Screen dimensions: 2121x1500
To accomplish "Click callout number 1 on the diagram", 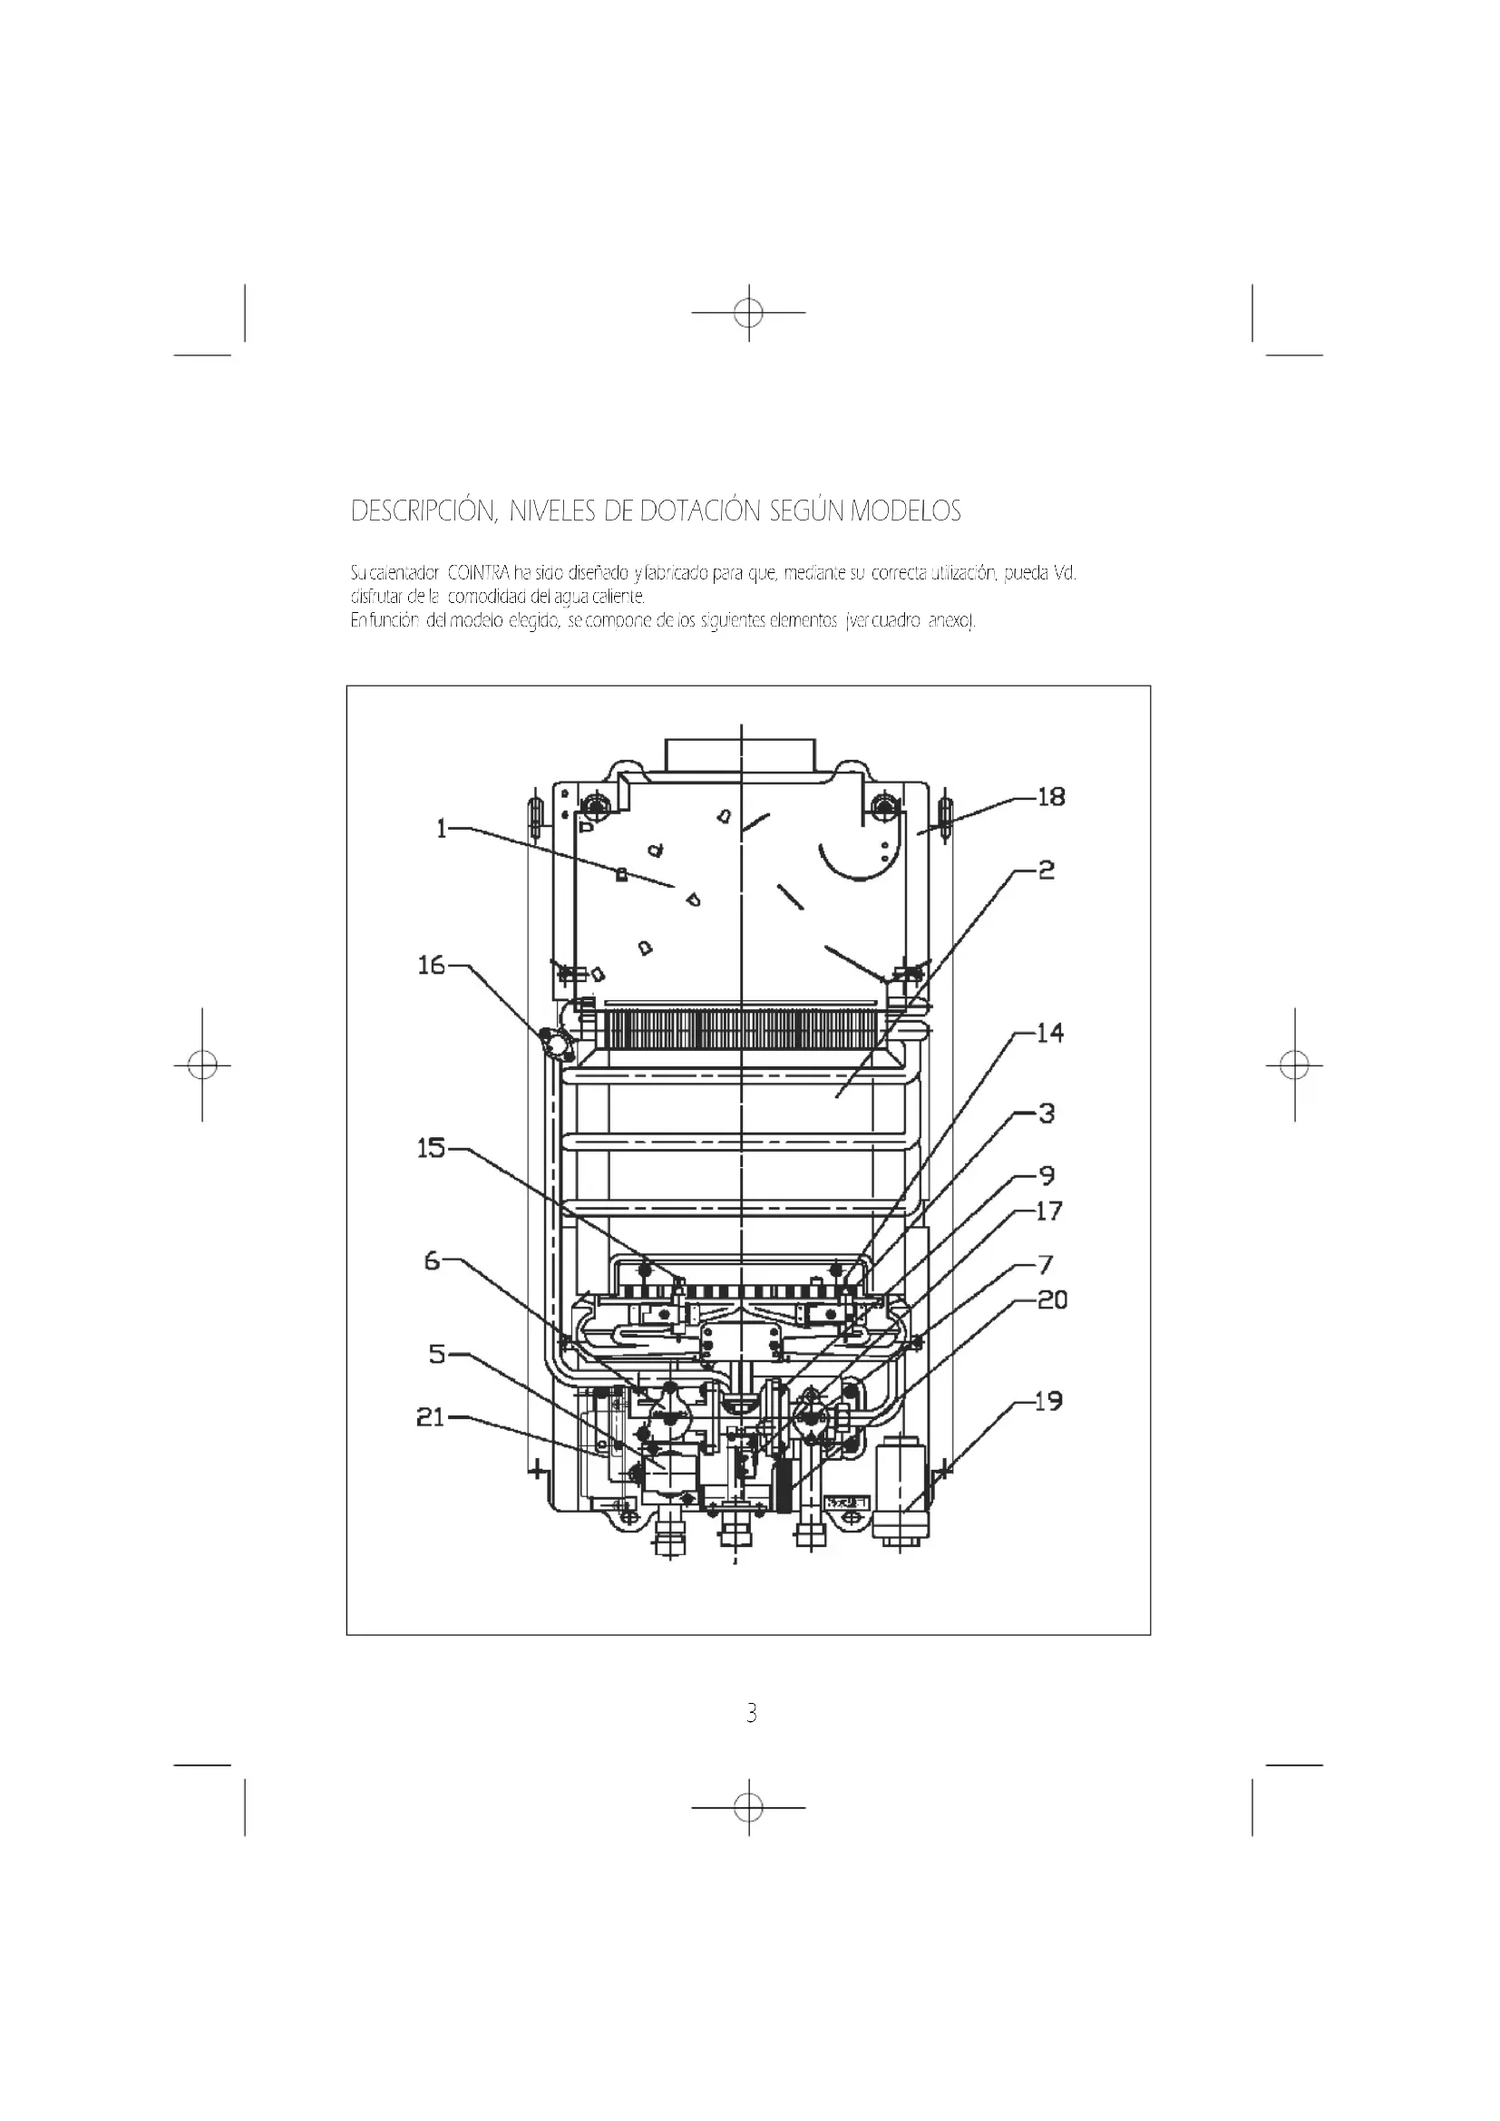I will [442, 829].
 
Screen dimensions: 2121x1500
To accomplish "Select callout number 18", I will [1051, 796].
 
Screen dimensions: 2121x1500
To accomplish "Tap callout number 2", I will [1046, 871].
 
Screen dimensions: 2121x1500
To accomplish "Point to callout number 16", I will [432, 966].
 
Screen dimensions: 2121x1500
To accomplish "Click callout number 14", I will [1050, 1033].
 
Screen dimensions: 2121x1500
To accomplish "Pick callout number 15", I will [432, 1148].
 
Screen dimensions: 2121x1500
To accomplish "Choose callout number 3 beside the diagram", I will [1047, 1114].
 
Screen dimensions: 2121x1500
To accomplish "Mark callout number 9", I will [1047, 1176].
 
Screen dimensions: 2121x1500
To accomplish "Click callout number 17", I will [1049, 1211].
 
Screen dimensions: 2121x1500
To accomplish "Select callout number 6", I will [433, 1260].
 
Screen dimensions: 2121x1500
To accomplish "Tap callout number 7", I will [1047, 1265].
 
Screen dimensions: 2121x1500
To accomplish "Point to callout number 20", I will [1052, 1299].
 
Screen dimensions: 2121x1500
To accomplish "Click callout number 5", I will [437, 1354].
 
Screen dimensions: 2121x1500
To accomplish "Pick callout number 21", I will [431, 1417].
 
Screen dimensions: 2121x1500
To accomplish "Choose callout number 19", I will [1048, 1401].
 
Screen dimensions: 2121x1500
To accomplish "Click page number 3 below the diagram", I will [751, 1714].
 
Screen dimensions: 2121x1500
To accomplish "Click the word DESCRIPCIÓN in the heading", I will [424, 511].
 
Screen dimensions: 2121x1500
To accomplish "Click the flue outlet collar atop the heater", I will [740, 754].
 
